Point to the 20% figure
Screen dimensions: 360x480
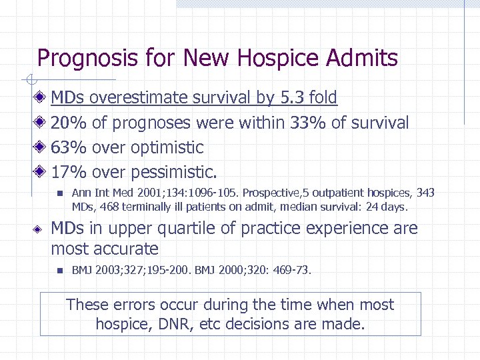click(x=69, y=123)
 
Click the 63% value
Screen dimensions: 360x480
click(x=69, y=147)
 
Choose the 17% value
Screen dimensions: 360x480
click(x=69, y=172)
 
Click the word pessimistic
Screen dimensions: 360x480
click(x=174, y=172)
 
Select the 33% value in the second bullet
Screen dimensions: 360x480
click(x=306, y=123)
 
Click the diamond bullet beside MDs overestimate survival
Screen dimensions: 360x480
click(x=41, y=98)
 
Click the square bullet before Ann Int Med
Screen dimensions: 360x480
click(x=59, y=193)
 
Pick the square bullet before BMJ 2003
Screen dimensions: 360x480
click(x=59, y=271)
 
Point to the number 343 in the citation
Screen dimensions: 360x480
click(x=425, y=193)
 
